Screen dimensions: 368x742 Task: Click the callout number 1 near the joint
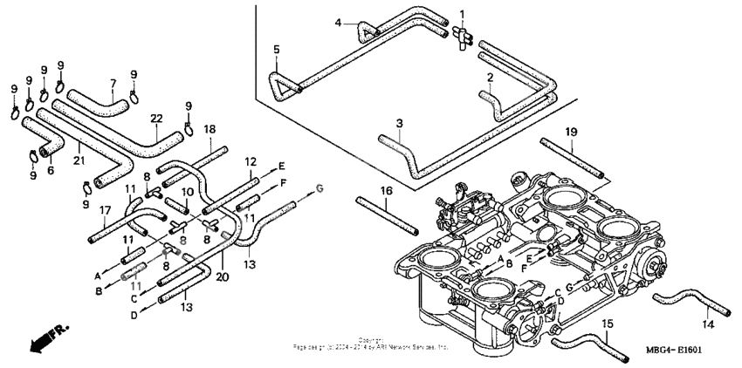tap(462, 15)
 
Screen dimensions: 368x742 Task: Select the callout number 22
tap(155, 119)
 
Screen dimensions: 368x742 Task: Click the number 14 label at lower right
tap(707, 324)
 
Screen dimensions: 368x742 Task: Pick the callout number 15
tap(607, 324)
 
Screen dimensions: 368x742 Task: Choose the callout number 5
tap(275, 50)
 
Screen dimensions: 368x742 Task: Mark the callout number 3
tap(398, 123)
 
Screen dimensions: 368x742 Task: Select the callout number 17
tap(106, 209)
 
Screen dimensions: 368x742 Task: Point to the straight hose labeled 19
tap(572, 157)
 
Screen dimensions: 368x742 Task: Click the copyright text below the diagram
tap(371, 344)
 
